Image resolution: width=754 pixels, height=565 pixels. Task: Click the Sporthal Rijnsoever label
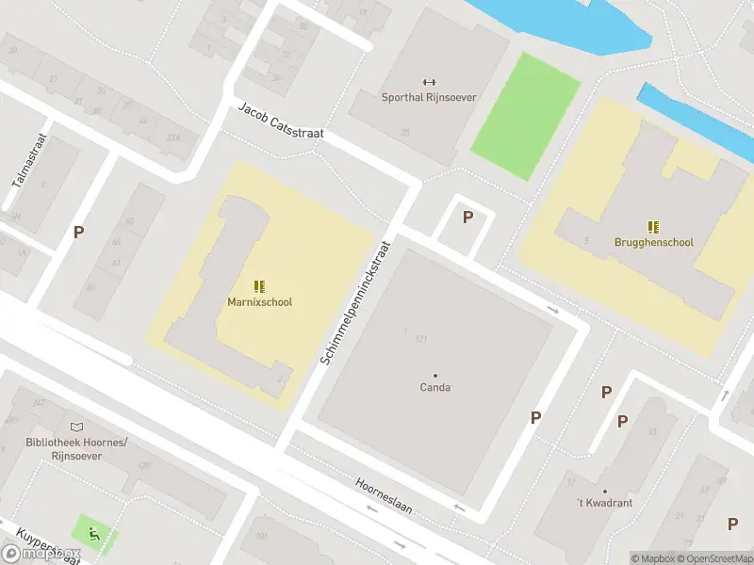pyautogui.click(x=429, y=97)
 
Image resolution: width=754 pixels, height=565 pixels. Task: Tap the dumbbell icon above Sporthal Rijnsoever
pyautogui.click(x=430, y=82)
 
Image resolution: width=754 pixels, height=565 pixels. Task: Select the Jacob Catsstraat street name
pyautogui.click(x=281, y=121)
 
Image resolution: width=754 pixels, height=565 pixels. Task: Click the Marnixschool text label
pyautogui.click(x=259, y=302)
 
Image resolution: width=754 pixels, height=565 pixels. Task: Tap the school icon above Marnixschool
pyautogui.click(x=259, y=286)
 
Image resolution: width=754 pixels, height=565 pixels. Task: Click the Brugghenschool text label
pyautogui.click(x=653, y=242)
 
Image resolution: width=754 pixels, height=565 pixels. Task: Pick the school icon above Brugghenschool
pyautogui.click(x=653, y=226)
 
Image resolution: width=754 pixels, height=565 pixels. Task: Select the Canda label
pyautogui.click(x=434, y=387)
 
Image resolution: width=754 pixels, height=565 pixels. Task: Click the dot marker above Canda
pyautogui.click(x=434, y=375)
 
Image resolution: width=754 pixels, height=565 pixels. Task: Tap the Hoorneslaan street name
pyautogui.click(x=384, y=497)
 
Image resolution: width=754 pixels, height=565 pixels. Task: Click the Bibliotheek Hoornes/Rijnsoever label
pyautogui.click(x=77, y=448)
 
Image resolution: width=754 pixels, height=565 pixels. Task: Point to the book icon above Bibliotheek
pyautogui.click(x=76, y=428)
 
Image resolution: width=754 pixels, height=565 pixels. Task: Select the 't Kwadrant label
pyautogui.click(x=605, y=503)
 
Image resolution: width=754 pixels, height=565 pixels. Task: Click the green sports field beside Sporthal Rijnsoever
pyautogui.click(x=525, y=115)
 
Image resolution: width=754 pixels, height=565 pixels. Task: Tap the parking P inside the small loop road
pyautogui.click(x=467, y=218)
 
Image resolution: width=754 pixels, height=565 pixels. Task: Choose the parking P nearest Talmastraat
pyautogui.click(x=79, y=232)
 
